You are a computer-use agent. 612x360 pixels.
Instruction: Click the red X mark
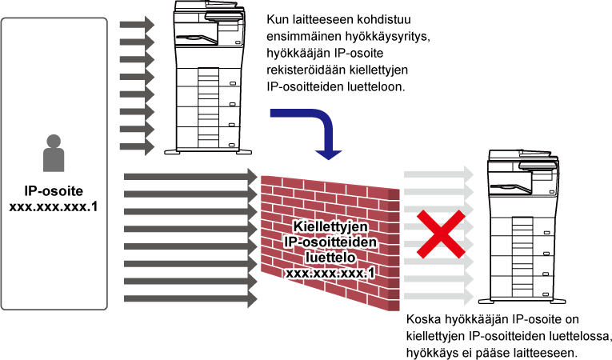click(441, 234)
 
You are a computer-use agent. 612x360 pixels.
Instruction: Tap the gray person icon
click(54, 153)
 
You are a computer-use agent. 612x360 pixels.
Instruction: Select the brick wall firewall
click(330, 242)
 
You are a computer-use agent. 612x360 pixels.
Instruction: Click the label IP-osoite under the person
click(54, 191)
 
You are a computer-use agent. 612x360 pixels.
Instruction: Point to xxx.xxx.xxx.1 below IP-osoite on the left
click(54, 206)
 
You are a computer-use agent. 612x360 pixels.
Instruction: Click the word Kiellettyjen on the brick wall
click(330, 226)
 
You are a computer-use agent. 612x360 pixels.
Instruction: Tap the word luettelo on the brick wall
click(330, 258)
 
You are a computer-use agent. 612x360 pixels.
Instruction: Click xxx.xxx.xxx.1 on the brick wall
click(330, 273)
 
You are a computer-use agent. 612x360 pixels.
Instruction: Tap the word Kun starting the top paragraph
click(277, 19)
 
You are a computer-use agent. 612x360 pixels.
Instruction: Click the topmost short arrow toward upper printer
click(137, 25)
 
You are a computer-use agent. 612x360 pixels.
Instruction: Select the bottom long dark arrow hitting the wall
click(190, 298)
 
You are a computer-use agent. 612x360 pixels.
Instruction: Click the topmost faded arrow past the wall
click(438, 174)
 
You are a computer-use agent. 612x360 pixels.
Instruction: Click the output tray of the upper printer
click(196, 38)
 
